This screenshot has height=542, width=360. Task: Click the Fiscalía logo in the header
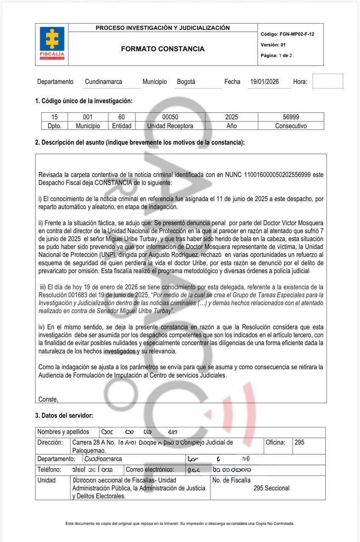coord(52,44)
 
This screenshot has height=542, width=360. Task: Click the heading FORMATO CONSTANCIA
coord(163,49)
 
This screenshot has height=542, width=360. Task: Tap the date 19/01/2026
coord(264,82)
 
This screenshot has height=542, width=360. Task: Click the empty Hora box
coord(327,81)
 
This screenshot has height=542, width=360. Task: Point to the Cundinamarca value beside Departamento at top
coord(103,82)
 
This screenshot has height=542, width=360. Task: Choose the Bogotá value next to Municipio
coord(186,82)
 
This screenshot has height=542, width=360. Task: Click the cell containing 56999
coord(291,117)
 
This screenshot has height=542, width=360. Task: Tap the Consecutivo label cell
coord(291,126)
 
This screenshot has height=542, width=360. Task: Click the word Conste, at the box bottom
coord(48,399)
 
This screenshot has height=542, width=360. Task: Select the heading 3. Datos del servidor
coord(64,416)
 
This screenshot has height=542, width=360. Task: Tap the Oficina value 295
coord(299,442)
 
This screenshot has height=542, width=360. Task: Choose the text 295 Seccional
coord(271,488)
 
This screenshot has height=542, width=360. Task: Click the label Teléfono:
coord(49,470)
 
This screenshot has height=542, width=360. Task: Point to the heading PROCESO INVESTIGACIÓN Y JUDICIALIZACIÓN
coord(163,28)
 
